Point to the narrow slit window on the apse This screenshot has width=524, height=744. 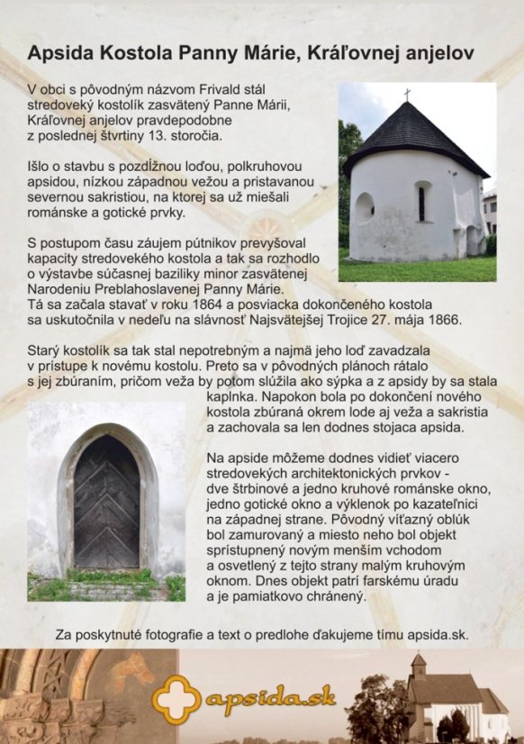[420, 204]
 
